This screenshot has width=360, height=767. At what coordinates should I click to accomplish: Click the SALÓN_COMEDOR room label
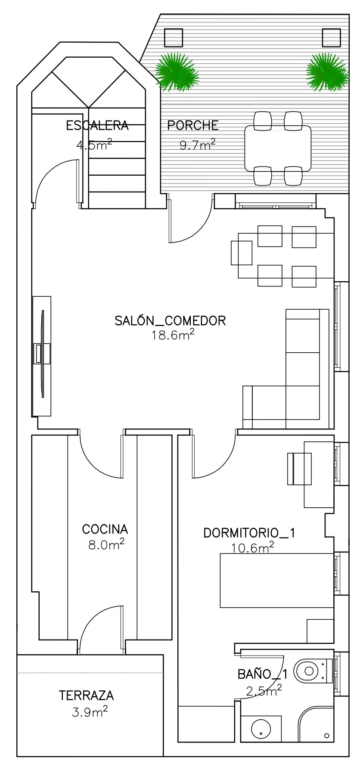(x=170, y=321)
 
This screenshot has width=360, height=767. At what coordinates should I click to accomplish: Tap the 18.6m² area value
(x=172, y=335)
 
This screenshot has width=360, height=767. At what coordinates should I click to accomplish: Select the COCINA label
(x=105, y=529)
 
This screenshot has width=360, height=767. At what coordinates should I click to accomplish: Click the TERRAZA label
(x=87, y=696)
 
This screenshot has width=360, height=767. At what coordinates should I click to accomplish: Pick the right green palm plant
(x=327, y=72)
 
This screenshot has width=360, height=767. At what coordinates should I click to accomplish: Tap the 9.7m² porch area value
(x=198, y=144)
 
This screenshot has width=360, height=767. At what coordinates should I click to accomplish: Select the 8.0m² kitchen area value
(x=106, y=544)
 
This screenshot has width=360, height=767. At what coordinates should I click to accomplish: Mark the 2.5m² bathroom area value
(x=264, y=691)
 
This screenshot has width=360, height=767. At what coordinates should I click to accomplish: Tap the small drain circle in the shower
(x=327, y=735)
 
